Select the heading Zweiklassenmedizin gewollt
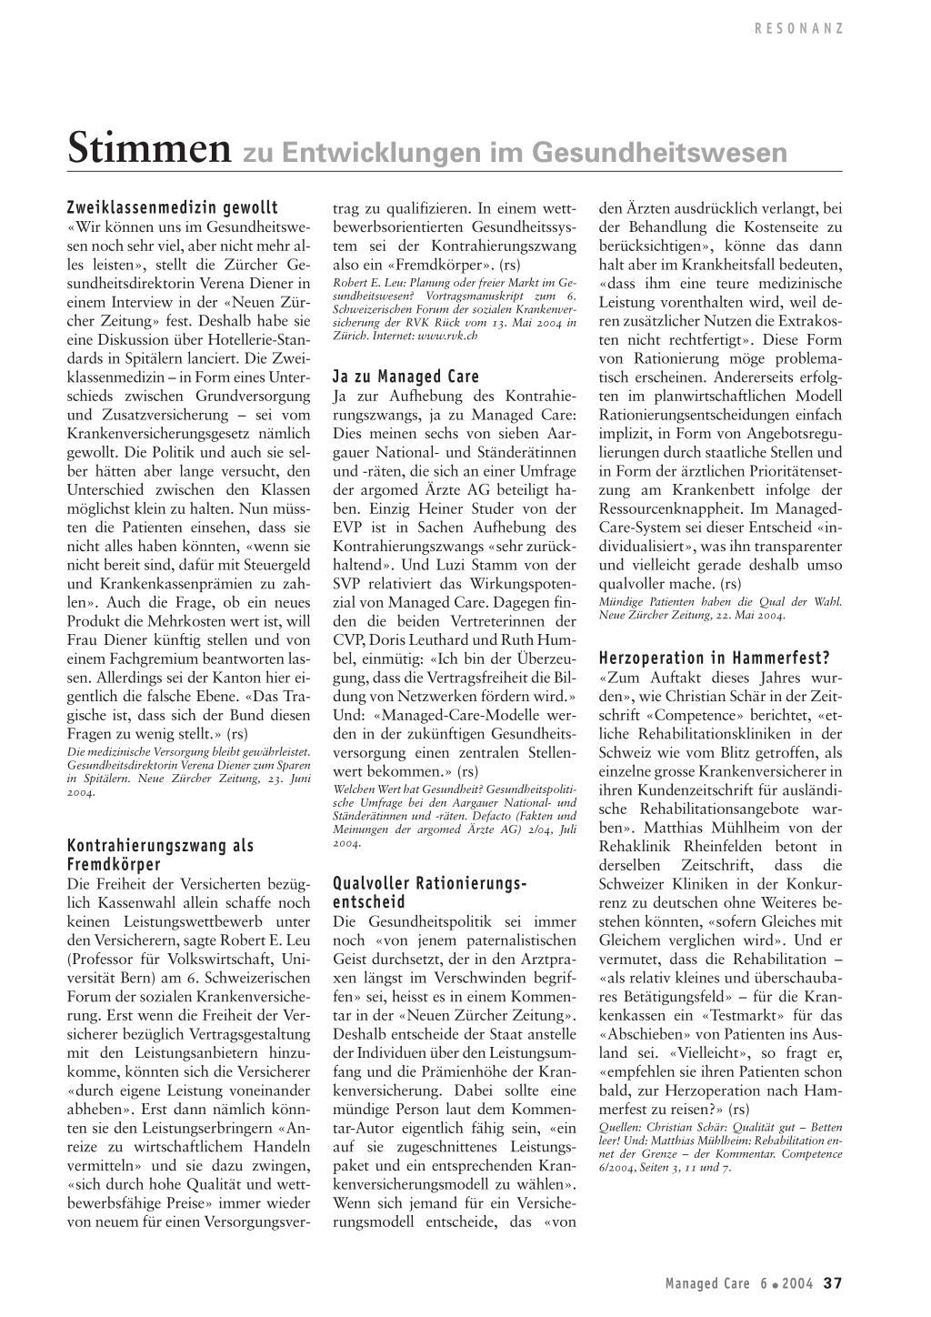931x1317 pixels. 173,208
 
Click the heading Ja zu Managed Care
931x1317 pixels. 405,377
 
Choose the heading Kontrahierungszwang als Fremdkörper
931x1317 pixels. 161,855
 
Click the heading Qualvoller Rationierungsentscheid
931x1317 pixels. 430,892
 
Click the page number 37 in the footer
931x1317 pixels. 833,1283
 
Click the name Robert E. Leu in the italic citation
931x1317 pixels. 365,283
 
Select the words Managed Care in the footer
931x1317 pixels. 707,1284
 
